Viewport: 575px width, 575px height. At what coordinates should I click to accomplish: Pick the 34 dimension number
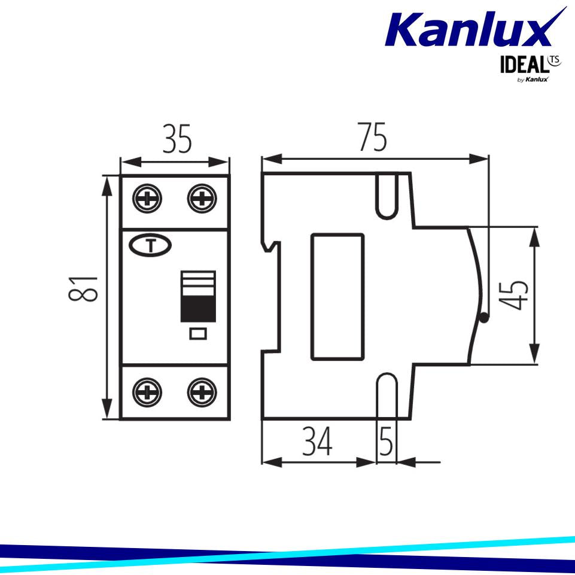tap(318, 444)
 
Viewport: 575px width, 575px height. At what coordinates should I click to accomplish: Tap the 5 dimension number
tap(387, 444)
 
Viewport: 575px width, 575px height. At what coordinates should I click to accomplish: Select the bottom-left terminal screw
tap(147, 392)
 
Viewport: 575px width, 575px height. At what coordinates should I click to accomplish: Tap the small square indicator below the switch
tap(198, 334)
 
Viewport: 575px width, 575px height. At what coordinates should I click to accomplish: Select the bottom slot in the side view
tap(387, 396)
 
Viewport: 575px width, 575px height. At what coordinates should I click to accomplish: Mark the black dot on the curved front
tap(484, 319)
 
